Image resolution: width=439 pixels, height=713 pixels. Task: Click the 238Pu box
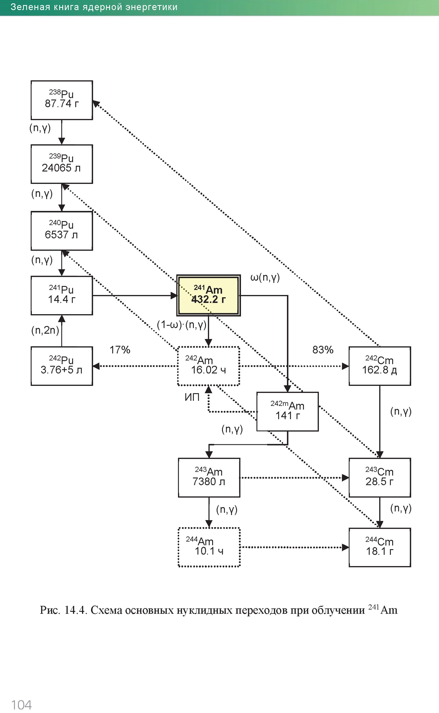click(61, 100)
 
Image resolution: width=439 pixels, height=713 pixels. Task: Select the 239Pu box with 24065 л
click(61, 164)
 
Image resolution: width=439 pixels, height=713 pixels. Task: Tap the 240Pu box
click(61, 231)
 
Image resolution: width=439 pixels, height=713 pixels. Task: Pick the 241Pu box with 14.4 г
click(61, 295)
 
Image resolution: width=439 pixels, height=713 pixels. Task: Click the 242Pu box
click(61, 366)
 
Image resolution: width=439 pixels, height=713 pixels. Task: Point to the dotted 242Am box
click(209, 366)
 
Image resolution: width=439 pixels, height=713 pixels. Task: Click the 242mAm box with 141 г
click(288, 412)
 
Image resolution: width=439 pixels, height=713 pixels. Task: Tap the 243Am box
click(209, 478)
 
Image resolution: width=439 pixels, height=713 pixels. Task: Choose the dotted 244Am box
click(209, 547)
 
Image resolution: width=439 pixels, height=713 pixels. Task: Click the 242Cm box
click(379, 366)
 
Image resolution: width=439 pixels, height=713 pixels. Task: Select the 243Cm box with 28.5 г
click(379, 478)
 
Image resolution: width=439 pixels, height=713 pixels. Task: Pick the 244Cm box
click(379, 547)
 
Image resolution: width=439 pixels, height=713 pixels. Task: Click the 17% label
click(120, 350)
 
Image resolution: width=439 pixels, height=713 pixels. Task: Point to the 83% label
click(323, 350)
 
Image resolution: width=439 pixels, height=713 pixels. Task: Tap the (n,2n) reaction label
click(45, 330)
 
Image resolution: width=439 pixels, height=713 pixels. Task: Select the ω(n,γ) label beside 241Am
click(265, 278)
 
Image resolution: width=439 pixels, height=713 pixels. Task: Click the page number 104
click(21, 705)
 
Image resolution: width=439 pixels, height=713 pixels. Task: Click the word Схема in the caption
click(106, 610)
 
